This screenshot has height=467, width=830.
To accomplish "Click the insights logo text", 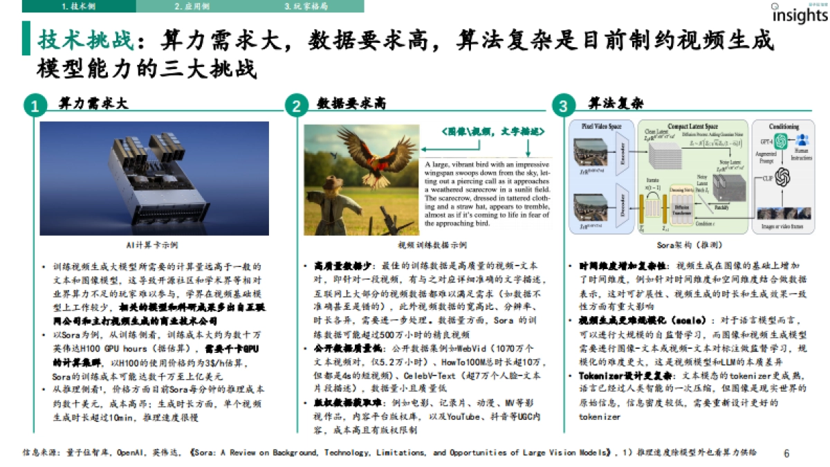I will (x=799, y=16).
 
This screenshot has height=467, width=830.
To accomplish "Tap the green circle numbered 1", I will (x=33, y=106).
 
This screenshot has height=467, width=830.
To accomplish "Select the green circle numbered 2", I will (x=296, y=106).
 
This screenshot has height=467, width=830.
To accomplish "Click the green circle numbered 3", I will (x=563, y=106).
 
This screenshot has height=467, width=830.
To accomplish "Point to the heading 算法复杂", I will (x=616, y=104).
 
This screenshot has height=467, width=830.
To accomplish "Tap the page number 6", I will (x=786, y=454).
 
